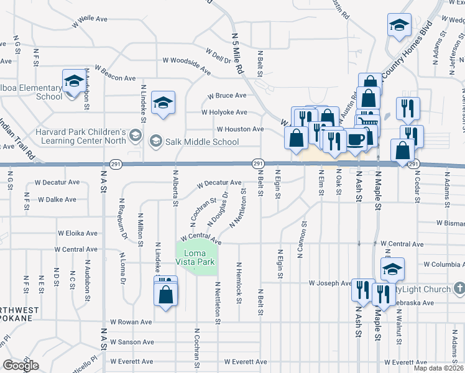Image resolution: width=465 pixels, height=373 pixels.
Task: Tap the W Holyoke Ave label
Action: tap(224, 113)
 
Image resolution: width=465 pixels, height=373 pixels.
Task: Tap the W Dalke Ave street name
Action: tap(57, 200)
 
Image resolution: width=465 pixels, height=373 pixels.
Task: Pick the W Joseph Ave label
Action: tap(330, 283)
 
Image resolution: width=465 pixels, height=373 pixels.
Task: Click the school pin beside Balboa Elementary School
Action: tap(74, 82)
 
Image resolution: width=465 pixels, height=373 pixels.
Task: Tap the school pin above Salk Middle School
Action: tap(163, 103)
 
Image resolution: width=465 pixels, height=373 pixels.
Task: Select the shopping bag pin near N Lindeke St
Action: tap(166, 295)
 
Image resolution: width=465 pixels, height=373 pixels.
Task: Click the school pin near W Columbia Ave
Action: tap(392, 269)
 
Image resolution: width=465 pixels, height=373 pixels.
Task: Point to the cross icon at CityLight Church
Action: tap(459, 288)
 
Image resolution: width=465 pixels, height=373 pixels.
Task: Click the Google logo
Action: tap(21, 366)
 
